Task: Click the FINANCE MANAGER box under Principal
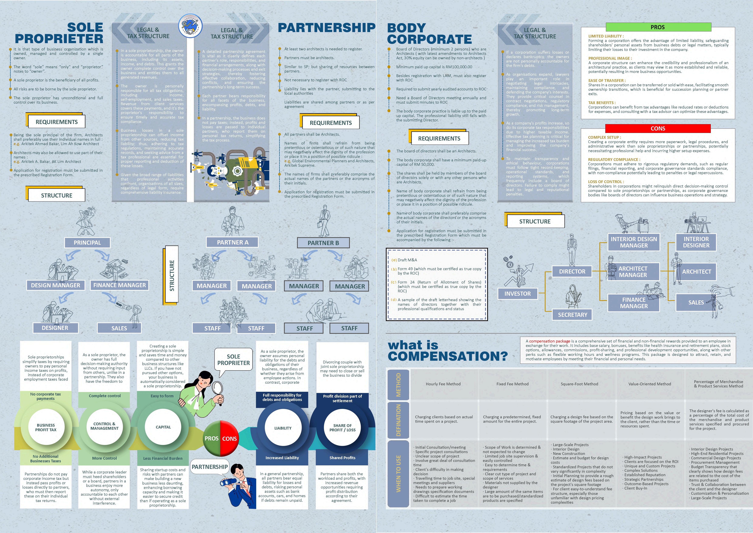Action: [119, 285]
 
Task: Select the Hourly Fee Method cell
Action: [443, 384]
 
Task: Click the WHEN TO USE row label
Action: [398, 474]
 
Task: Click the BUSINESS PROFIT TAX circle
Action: [46, 427]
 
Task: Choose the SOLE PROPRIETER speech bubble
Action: [233, 360]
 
